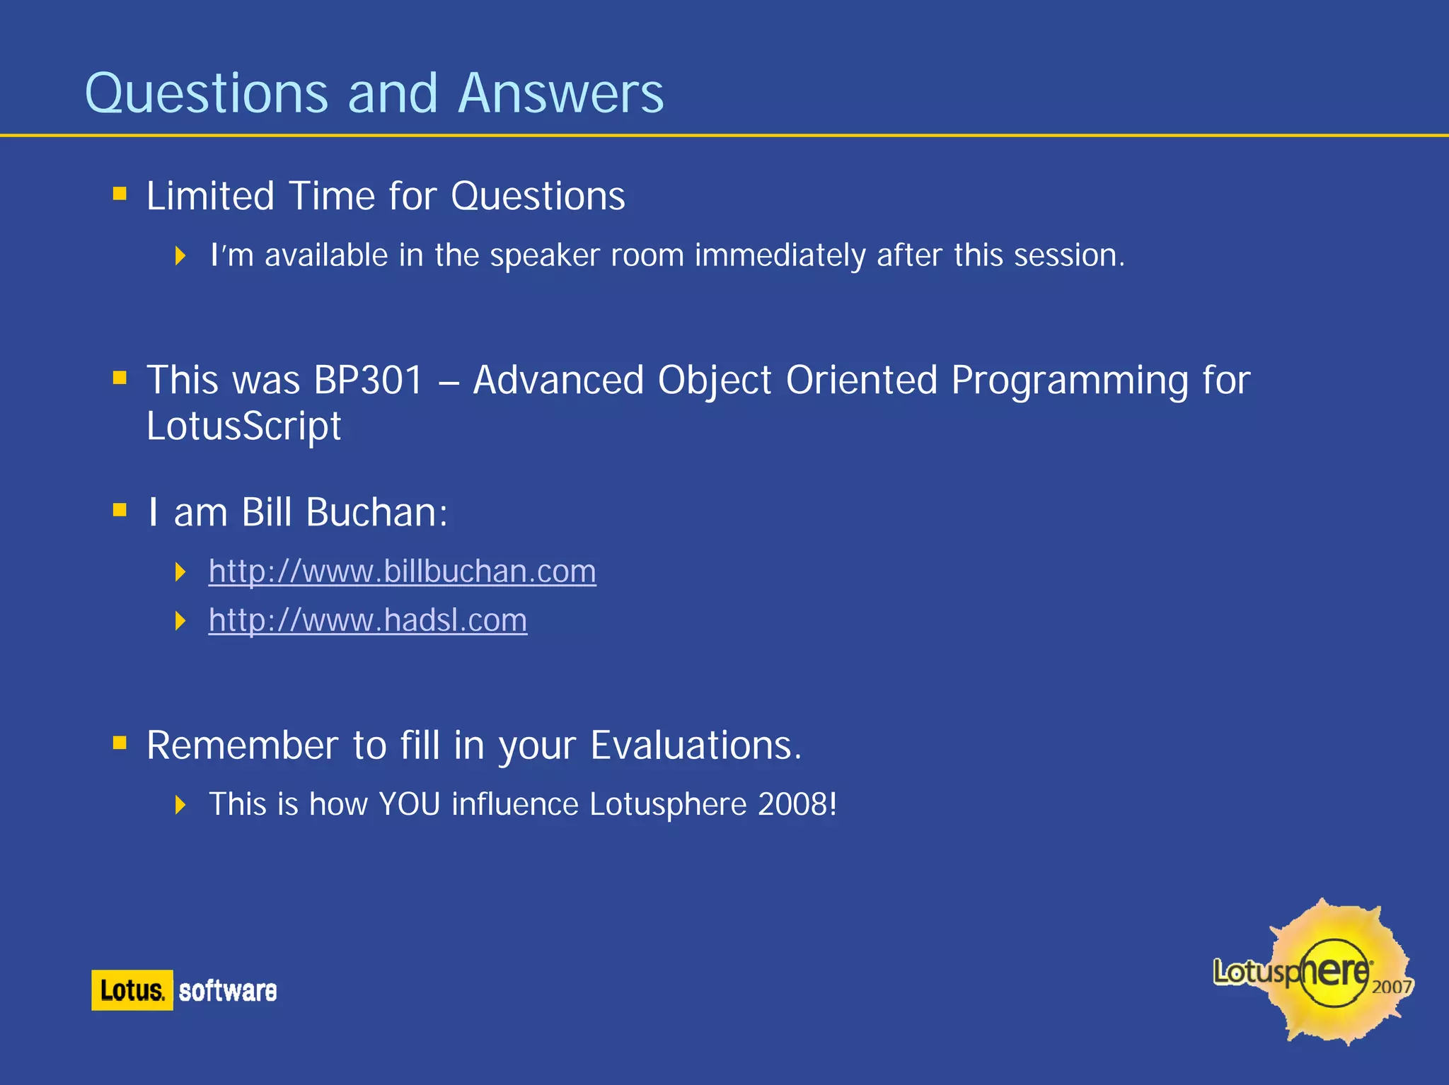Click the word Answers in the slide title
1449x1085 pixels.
point(560,93)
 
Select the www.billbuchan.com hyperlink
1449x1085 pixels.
point(402,571)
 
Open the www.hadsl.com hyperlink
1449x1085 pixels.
point(367,620)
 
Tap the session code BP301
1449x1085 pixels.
point(368,381)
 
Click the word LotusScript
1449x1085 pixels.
point(243,427)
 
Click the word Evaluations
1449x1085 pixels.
point(696,745)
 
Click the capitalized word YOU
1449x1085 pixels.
point(410,804)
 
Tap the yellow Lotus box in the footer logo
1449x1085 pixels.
point(132,990)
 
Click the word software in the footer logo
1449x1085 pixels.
point(227,991)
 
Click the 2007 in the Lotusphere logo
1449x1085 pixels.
point(1391,987)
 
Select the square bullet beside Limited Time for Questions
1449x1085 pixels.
point(120,193)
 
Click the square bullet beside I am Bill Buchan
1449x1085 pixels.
point(120,510)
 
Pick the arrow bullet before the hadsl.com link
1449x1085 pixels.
point(180,621)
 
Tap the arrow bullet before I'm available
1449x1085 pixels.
point(180,255)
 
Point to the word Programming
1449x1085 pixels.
point(1069,381)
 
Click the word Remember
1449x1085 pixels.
point(243,745)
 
